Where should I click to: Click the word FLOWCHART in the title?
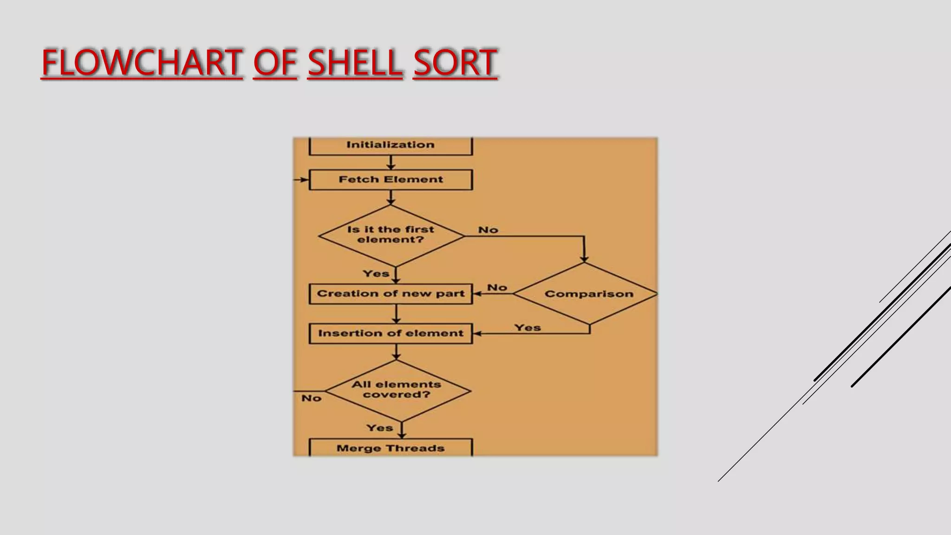[x=142, y=63]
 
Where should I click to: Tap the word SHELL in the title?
[x=355, y=63]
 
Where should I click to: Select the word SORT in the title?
[x=455, y=63]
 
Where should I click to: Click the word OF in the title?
[x=275, y=63]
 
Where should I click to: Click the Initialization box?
[x=391, y=145]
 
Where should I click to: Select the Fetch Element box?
[x=391, y=180]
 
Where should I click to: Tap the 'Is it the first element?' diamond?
[x=391, y=235]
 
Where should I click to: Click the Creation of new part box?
[x=391, y=294]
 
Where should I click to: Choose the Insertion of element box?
[x=391, y=333]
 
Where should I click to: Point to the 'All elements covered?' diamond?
[x=397, y=390]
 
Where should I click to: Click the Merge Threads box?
[x=391, y=448]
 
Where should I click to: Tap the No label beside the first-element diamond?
[x=488, y=230]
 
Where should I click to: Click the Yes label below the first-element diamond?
[x=376, y=274]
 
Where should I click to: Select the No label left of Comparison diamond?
[x=497, y=287]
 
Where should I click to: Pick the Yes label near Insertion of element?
[x=528, y=327]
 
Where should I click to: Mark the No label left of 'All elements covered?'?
[x=311, y=398]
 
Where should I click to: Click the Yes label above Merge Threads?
[x=379, y=428]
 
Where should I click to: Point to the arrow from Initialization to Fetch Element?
[x=391, y=163]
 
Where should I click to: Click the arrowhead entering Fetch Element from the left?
[x=305, y=180]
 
